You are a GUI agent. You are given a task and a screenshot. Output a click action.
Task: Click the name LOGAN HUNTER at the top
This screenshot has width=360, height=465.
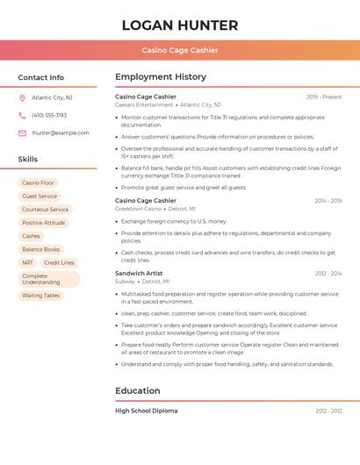[x=180, y=25]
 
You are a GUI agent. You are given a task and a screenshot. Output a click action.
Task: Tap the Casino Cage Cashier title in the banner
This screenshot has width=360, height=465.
[x=180, y=50]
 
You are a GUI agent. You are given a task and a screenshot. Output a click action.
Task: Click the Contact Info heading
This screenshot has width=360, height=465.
[x=40, y=77]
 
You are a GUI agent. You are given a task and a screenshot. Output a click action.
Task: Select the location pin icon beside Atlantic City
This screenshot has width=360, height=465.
[x=22, y=97]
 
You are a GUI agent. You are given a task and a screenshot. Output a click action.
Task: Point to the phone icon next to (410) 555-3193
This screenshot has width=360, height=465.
[x=22, y=115]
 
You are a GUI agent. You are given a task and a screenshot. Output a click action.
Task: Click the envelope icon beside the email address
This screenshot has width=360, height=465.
[x=22, y=132]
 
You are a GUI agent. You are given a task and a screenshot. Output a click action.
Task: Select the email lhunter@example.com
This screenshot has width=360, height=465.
[x=60, y=132]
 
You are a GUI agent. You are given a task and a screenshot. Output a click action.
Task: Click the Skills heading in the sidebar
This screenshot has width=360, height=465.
[x=27, y=159]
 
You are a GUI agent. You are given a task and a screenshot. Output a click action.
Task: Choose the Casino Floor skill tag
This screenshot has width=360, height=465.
[x=38, y=182]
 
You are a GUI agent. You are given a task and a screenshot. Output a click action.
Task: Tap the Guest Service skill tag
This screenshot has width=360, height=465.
[x=40, y=196]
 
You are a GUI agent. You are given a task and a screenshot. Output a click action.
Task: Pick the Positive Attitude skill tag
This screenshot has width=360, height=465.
[x=44, y=223]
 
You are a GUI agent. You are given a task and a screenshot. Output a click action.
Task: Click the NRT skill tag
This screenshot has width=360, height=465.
[x=28, y=262]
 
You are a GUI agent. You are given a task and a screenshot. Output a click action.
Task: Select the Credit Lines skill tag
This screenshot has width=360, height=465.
[x=59, y=262]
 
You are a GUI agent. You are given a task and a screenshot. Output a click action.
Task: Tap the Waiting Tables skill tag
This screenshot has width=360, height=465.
[x=41, y=296]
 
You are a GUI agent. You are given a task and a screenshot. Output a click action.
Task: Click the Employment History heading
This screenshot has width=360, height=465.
[x=161, y=77]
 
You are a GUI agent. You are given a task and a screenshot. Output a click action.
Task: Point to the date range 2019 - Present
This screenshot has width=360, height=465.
[x=324, y=97]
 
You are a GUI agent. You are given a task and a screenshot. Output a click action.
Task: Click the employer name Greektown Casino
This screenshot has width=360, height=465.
[x=138, y=209]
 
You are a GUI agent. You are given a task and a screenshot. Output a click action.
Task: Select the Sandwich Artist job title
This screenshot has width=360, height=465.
[x=139, y=273]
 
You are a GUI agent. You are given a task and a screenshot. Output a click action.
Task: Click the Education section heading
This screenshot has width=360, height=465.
[x=138, y=390]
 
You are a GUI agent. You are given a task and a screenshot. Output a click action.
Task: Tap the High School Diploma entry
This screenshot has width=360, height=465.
[x=146, y=411]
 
